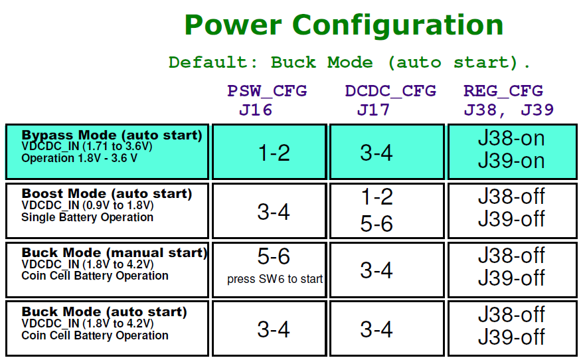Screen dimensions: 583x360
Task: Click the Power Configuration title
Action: [344, 26]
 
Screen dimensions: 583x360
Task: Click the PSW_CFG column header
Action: [267, 92]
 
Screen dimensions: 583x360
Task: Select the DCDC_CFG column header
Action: [390, 92]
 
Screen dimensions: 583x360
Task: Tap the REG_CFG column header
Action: [503, 92]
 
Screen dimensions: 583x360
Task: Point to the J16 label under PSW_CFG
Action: [256, 110]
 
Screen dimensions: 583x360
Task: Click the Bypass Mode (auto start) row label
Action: [112, 135]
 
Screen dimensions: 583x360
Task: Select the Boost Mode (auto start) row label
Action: [107, 193]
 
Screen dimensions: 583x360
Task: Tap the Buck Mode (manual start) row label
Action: [114, 252]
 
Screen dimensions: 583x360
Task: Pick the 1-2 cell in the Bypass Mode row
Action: [274, 153]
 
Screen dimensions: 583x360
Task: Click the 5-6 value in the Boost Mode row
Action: [376, 224]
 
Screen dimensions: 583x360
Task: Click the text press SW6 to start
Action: [275, 279]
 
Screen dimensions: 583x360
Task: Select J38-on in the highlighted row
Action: [511, 138]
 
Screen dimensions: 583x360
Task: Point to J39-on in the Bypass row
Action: [511, 161]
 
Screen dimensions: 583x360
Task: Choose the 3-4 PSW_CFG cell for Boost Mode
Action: [274, 212]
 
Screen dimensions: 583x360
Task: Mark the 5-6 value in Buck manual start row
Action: [274, 256]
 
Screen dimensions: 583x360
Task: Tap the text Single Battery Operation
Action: [88, 217]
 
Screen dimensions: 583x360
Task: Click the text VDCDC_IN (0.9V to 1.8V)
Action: [88, 205]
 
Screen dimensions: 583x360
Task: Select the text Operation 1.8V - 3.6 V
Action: [79, 158]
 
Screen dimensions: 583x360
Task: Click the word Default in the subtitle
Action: [212, 62]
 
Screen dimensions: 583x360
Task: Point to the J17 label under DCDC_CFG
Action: [373, 110]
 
